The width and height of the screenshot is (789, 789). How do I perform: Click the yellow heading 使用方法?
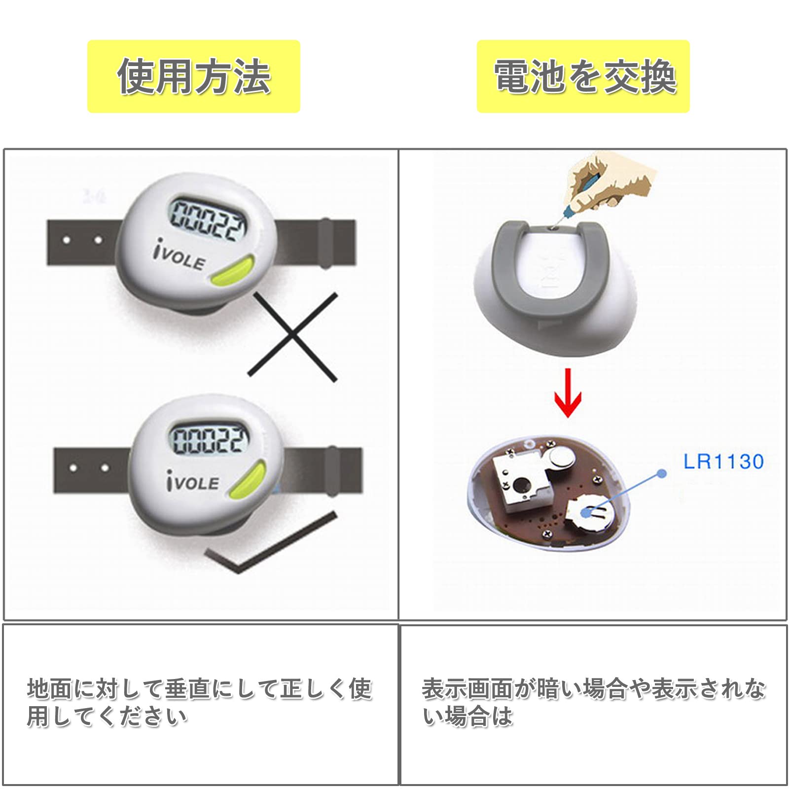(194, 76)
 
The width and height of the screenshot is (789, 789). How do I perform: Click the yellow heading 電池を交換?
(585, 76)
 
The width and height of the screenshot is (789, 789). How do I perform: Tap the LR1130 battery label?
(723, 462)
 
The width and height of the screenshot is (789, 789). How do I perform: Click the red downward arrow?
(568, 393)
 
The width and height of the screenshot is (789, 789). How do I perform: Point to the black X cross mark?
(292, 337)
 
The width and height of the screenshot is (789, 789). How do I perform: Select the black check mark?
(271, 543)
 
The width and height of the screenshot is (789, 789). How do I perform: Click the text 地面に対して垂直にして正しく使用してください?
(200, 703)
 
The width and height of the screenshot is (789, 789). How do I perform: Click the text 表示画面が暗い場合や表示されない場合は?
(594, 703)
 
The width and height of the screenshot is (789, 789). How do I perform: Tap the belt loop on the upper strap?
(325, 243)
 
